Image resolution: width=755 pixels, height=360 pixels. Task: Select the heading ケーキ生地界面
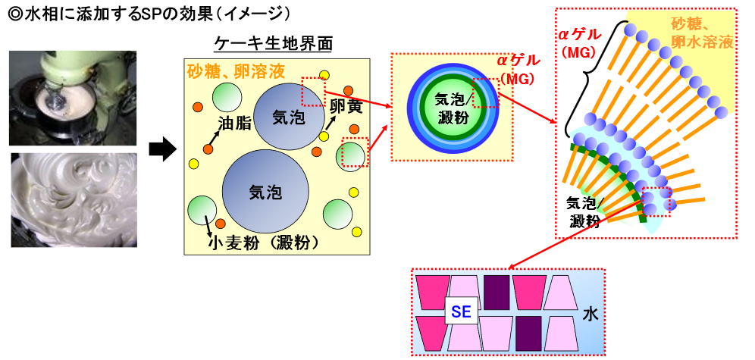pyautogui.click(x=274, y=43)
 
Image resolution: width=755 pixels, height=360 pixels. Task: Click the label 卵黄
pyautogui.click(x=345, y=108)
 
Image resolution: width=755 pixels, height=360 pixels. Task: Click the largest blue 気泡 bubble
pyautogui.click(x=265, y=191)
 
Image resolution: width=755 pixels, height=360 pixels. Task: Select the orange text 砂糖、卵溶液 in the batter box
pyautogui.click(x=236, y=71)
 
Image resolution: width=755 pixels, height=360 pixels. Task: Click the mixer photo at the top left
pyautogui.click(x=73, y=97)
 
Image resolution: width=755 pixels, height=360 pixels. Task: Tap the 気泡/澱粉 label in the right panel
pyautogui.click(x=584, y=211)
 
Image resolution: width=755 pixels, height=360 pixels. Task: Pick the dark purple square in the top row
pyautogui.click(x=497, y=291)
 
